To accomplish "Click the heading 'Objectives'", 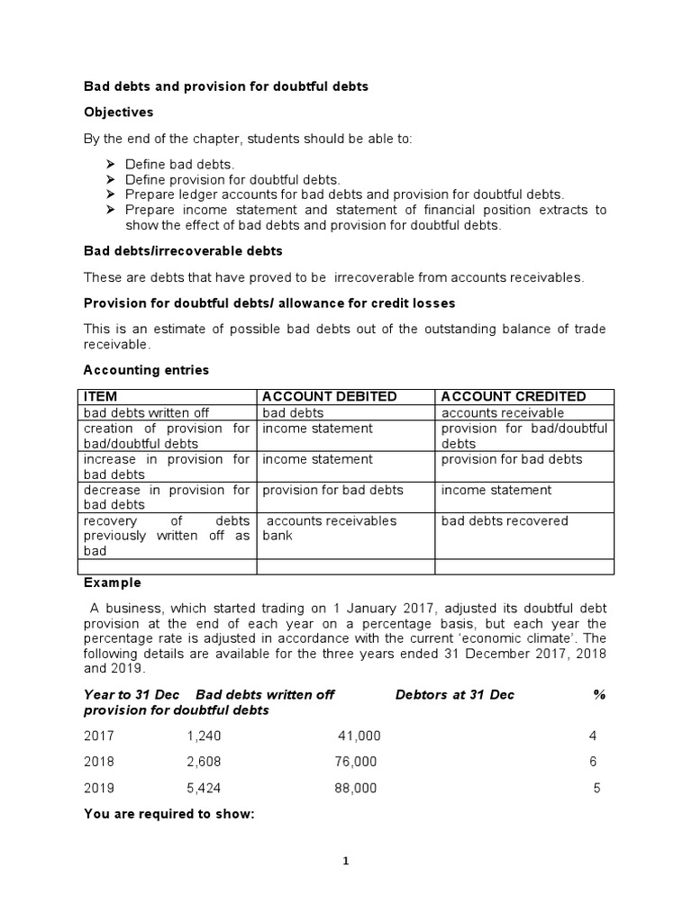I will (118, 113).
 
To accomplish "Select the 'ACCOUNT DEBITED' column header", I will (328, 396).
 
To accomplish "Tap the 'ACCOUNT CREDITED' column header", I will (513, 396).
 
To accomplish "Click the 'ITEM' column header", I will (100, 396).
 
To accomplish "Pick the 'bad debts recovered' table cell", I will (505, 520).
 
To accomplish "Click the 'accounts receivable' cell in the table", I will (503, 412).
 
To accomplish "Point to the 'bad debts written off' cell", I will (146, 412).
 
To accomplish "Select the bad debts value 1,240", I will (204, 736).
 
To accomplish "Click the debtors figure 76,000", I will (355, 762).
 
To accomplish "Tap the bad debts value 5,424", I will (204, 788).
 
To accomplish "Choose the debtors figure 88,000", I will (355, 788).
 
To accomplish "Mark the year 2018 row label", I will (99, 762).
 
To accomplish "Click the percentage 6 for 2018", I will (594, 762).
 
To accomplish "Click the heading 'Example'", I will (112, 583).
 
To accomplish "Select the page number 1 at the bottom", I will (346, 861).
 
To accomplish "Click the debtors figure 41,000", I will (359, 736).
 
